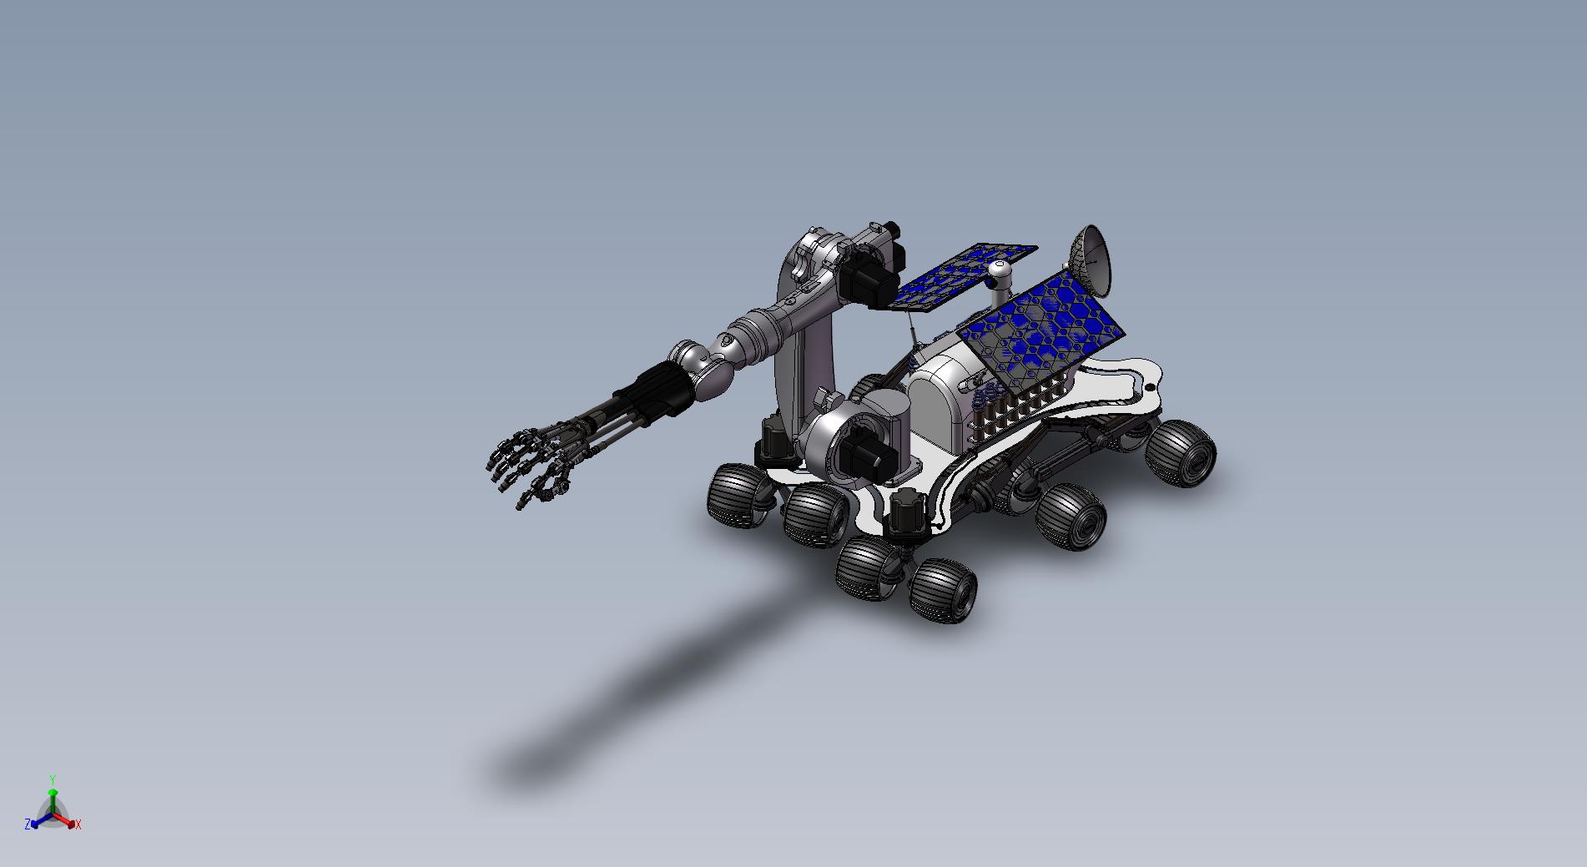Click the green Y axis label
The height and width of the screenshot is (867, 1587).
(x=53, y=779)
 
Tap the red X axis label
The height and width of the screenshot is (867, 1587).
(x=78, y=824)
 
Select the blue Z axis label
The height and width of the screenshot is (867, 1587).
(x=28, y=824)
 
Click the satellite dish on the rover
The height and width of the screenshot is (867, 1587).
(x=1092, y=258)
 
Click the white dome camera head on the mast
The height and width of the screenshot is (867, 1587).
(x=1000, y=272)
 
